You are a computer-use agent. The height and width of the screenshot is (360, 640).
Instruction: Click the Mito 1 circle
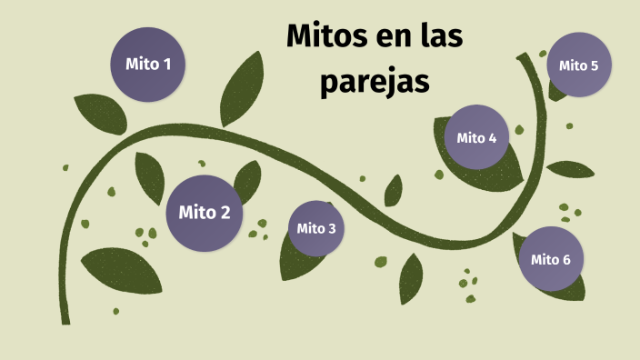click(147, 65)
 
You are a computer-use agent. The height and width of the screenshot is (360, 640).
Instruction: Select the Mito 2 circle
click(205, 213)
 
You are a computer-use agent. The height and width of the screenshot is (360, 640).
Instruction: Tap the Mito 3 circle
click(316, 228)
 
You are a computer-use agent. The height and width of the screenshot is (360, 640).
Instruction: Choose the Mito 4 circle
click(476, 138)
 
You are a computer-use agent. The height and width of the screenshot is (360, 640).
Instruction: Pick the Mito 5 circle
click(578, 65)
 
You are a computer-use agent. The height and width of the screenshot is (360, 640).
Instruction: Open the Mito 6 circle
click(550, 259)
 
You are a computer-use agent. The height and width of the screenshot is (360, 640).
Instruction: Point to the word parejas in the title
click(374, 82)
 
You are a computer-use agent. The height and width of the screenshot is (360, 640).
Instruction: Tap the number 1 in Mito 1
click(166, 65)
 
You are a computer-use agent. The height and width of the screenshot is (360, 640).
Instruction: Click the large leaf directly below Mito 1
click(100, 113)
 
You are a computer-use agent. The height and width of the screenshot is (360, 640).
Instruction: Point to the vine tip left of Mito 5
click(523, 57)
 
